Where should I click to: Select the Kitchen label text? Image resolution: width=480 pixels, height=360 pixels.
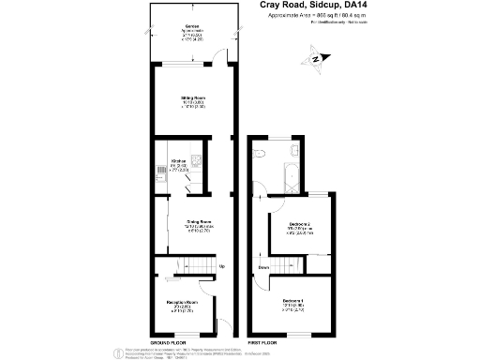pyautogui.click(x=178, y=160)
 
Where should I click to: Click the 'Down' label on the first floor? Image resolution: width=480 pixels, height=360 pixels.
pyautogui.click(x=265, y=267)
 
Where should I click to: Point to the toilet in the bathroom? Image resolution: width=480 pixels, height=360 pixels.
pyautogui.click(x=292, y=151)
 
